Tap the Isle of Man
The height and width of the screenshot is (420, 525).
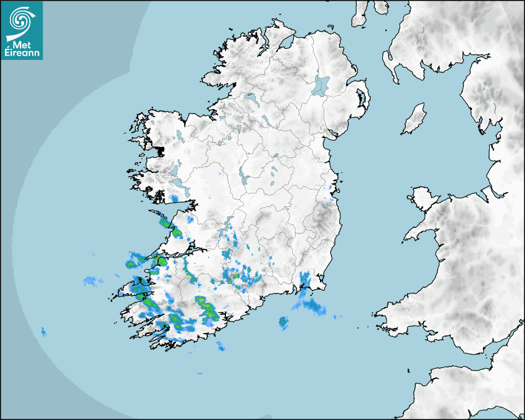pyautogui.click(x=414, y=119)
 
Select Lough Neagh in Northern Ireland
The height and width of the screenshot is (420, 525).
pyautogui.click(x=321, y=85)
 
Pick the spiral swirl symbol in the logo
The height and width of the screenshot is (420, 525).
pyautogui.click(x=19, y=20)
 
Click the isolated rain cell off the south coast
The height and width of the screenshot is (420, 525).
pyautogui.click(x=283, y=321)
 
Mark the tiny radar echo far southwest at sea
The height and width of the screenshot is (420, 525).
pyautogui.click(x=43, y=332)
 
